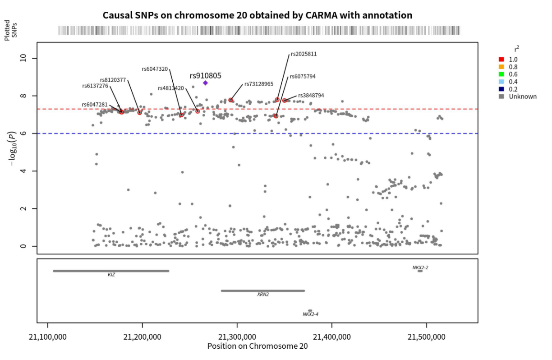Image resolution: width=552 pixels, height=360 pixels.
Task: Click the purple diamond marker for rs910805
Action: click(205, 83)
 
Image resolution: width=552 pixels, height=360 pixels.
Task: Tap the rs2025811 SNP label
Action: click(304, 54)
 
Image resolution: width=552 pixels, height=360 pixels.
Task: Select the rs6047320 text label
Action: click(155, 69)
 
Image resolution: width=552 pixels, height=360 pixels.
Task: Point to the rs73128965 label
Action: click(258, 84)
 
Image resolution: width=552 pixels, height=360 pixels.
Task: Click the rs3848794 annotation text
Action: click(311, 96)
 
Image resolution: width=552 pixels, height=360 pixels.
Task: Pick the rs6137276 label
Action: click(95, 86)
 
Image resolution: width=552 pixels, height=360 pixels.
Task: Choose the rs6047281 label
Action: click(95, 105)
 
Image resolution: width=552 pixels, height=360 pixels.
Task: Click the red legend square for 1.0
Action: click(501, 60)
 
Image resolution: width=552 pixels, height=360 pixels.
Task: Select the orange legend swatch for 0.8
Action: click(501, 67)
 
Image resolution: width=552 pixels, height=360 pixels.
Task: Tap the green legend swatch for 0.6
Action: click(501, 74)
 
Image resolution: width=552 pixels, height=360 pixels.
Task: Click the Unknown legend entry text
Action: click(523, 97)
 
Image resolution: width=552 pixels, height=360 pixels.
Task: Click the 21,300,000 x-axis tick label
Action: click(237, 337)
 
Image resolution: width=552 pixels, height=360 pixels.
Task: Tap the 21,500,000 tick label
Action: click(427, 337)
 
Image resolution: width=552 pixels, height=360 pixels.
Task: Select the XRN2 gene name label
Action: click(263, 295)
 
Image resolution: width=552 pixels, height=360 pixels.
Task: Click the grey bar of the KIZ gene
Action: click(111, 271)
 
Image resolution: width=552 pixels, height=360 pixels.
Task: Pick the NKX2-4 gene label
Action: click(311, 314)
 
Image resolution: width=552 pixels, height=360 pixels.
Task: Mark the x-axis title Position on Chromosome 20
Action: click(258, 346)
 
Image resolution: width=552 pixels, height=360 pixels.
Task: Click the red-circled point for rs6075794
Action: click(276, 116)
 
